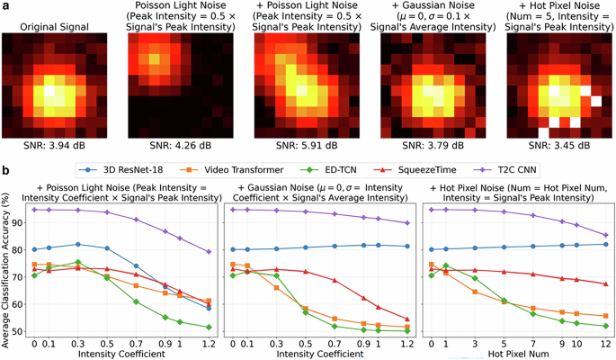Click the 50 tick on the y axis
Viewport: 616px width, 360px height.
point(19,330)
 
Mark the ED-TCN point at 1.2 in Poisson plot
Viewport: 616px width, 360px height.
point(210,328)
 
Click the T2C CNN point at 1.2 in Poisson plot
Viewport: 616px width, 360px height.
point(210,252)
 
